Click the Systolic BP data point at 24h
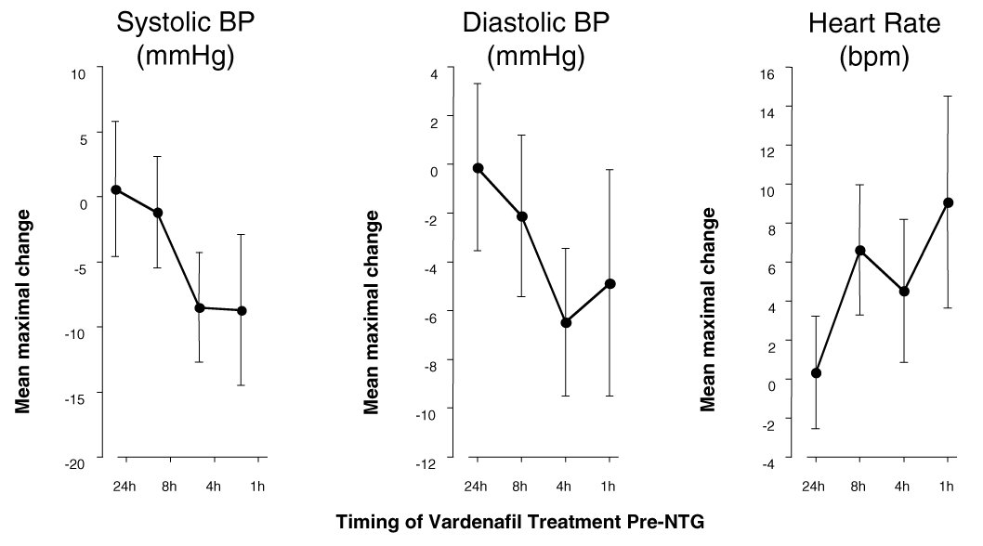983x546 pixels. coord(116,189)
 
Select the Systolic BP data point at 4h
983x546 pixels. coord(200,307)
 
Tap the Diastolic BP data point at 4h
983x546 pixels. coord(566,322)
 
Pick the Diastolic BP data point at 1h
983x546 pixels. coord(610,283)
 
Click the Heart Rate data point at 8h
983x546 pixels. coord(859,251)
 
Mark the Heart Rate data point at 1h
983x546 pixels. coord(949,202)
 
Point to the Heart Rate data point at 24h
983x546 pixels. coord(816,373)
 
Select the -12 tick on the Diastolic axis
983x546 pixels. coord(425,463)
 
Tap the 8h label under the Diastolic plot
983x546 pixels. coord(520,487)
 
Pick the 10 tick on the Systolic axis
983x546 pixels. coord(77,73)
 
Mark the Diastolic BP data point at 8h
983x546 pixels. coord(521,216)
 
